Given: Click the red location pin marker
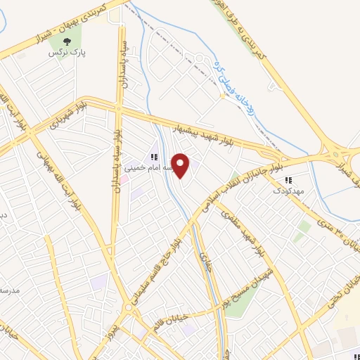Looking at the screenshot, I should (181, 166).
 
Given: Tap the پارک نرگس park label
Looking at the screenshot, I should (62, 53).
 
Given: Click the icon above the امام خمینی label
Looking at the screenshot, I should (153, 157).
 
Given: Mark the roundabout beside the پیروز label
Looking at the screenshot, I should (129, 309).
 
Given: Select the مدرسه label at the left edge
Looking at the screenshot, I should (8, 289).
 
